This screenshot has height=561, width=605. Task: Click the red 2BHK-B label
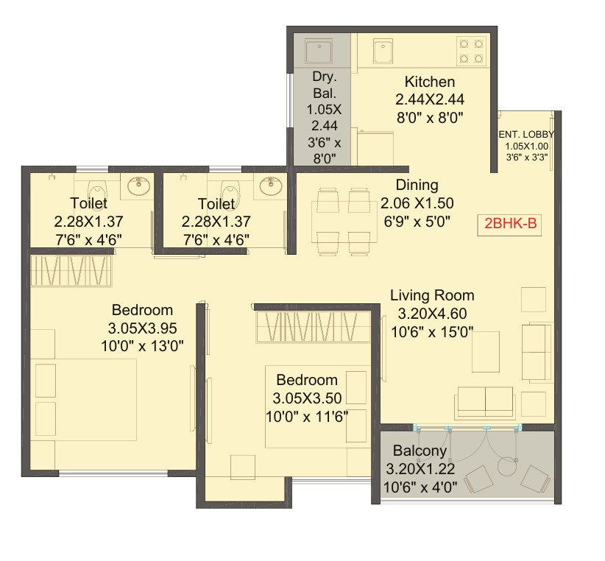tap(510, 223)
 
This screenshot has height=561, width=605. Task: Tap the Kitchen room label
tap(429, 82)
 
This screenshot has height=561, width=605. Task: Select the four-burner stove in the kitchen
tap(471, 51)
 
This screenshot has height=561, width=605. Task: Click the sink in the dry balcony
tap(319, 52)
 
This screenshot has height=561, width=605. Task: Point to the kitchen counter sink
tap(383, 51)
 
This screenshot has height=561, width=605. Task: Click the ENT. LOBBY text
tap(527, 134)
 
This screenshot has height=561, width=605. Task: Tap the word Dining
tap(417, 186)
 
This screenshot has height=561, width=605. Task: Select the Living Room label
tap(432, 295)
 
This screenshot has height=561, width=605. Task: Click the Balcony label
tap(420, 451)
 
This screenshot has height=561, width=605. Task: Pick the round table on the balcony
tap(507, 467)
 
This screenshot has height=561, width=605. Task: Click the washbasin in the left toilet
tap(138, 186)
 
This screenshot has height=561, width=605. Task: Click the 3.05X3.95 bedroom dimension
tap(142, 328)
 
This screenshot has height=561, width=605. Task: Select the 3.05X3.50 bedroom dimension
tap(307, 398)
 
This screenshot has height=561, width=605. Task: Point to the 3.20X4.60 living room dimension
tap(432, 314)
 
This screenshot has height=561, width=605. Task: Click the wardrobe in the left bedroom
tap(71, 271)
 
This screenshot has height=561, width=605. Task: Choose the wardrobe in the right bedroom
tap(314, 327)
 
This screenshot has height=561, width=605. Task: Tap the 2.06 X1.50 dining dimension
tap(417, 203)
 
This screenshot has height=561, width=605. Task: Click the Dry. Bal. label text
tap(325, 85)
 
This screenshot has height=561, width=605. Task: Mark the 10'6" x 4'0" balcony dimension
tap(420, 487)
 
